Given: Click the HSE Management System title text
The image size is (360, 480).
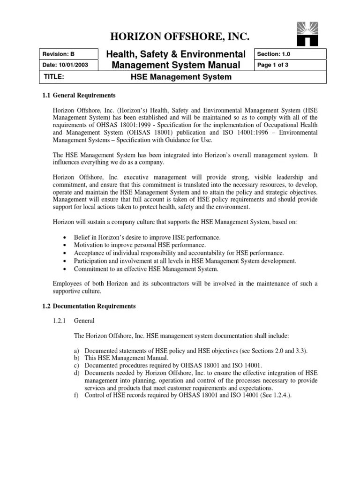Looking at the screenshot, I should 180,77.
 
